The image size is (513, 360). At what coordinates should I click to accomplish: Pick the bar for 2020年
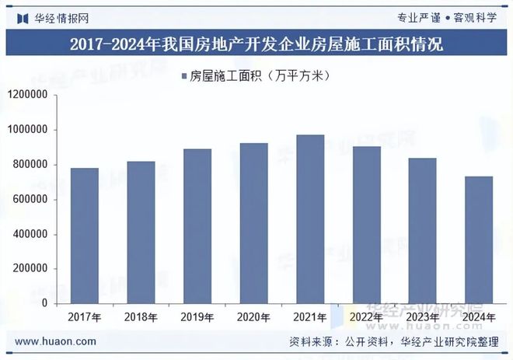pos(253,223)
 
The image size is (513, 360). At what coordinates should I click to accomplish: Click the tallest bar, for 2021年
pos(310,218)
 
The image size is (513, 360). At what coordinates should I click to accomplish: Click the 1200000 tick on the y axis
pos(30,95)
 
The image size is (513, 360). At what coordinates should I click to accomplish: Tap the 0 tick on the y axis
pos(45,303)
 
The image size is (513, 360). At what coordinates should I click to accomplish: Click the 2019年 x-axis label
pos(197,317)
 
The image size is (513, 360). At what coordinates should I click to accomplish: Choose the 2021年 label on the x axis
pos(310,317)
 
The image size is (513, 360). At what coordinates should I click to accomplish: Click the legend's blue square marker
pos(183,76)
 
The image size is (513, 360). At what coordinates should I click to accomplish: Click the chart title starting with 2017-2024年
pos(256,44)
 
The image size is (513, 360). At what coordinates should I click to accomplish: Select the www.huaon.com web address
pos(56,341)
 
